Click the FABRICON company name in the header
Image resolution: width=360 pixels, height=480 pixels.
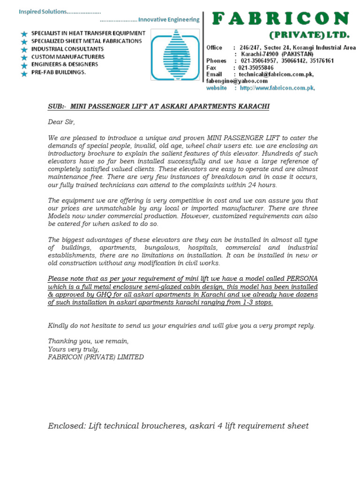[x=281, y=19]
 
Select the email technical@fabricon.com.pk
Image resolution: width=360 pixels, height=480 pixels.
[x=277, y=74]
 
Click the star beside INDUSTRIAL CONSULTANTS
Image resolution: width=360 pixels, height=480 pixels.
[x=24, y=49]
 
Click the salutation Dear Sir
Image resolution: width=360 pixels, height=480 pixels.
[x=61, y=122]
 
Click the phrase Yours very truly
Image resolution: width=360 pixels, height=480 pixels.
[x=74, y=349]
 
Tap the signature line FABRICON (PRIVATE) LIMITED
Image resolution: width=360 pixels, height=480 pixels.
[x=96, y=357]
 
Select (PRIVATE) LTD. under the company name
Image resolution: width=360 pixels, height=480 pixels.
[x=309, y=35]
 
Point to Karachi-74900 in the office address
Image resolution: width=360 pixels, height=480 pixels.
[x=260, y=54]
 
